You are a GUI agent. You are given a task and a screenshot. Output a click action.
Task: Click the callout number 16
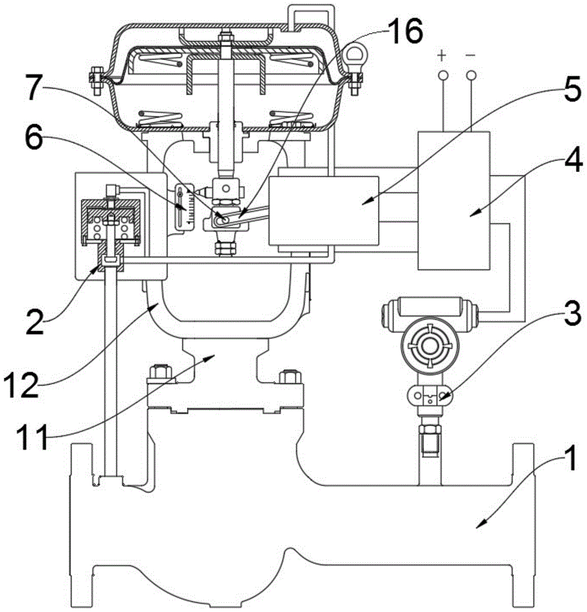point(404,31)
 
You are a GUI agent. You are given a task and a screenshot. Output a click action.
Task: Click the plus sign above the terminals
point(442,56)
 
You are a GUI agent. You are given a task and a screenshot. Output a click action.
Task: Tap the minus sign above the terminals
point(471,56)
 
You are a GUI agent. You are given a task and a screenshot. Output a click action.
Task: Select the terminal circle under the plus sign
point(442,75)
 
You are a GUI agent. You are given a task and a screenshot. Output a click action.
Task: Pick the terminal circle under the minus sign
point(471,75)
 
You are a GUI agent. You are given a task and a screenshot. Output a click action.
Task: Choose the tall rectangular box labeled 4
point(453,200)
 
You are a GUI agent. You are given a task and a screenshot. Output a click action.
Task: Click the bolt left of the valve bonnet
point(161,373)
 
